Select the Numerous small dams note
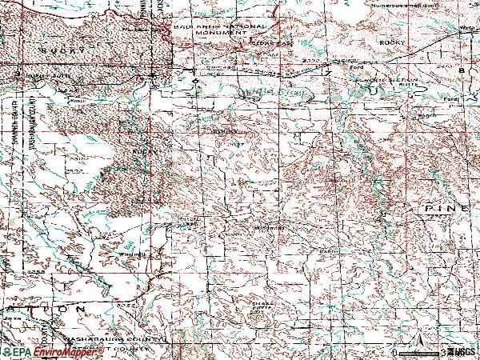coord(404,3)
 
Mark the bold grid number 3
coord(18,74)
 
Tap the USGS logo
coord(462,352)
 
